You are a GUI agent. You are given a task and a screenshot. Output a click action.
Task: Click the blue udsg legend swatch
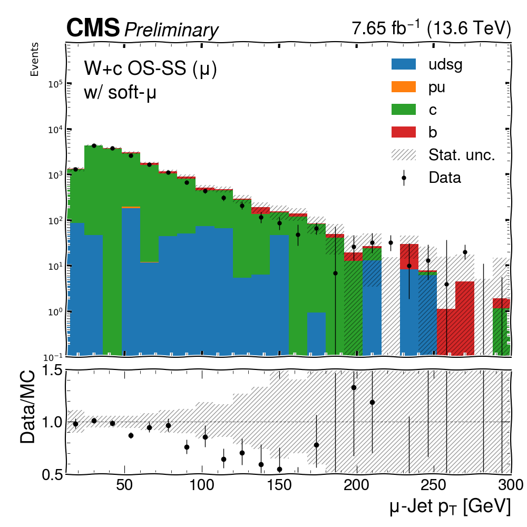point(403,64)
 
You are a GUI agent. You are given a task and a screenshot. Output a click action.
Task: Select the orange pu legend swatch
point(403,87)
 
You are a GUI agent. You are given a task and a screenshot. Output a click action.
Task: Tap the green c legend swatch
point(403,109)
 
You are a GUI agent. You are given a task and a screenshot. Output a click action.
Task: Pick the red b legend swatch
point(403,132)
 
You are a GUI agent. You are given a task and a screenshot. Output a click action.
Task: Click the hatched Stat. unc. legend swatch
point(403,154)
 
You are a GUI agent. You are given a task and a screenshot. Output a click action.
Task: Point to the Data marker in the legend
point(404,178)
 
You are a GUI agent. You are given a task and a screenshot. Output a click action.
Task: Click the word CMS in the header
point(93,27)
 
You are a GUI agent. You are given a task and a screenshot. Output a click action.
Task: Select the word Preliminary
point(171,30)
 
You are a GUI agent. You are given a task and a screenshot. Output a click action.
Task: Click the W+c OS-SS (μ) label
point(150,68)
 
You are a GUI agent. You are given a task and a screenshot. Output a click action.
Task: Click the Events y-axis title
point(34,60)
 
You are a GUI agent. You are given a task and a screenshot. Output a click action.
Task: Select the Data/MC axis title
point(27,407)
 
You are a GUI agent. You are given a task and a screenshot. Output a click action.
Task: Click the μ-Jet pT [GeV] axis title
point(450,506)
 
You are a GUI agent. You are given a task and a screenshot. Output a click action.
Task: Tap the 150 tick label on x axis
point(279,485)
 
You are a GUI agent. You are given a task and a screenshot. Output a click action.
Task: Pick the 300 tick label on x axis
point(511,485)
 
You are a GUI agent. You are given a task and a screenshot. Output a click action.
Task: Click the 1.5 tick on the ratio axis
point(52,370)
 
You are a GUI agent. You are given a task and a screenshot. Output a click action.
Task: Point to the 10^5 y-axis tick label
point(55,83)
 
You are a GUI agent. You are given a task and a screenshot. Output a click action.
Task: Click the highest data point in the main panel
point(94,145)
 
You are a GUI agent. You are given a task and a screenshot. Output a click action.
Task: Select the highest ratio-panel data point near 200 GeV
point(354,387)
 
